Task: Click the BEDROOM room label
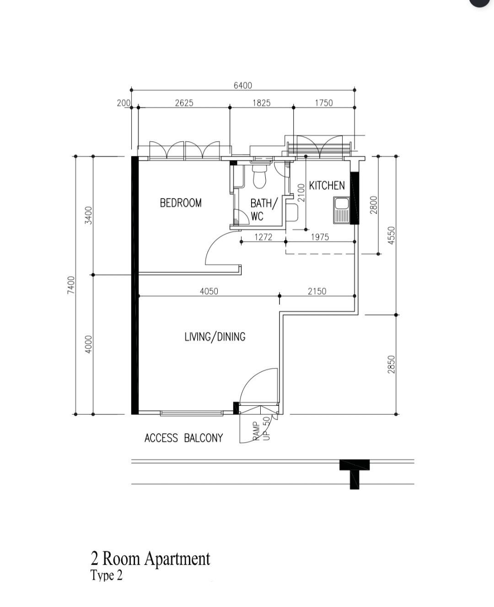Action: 181,203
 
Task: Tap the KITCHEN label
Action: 327,186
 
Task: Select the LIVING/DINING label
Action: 215,337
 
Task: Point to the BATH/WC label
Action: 263,210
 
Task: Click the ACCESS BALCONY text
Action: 184,438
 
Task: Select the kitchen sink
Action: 341,210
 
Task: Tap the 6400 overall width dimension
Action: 243,86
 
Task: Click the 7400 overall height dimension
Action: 71,285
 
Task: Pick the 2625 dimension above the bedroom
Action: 184,103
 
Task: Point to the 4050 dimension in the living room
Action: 209,291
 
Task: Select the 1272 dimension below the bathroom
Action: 263,237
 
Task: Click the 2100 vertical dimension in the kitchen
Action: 301,193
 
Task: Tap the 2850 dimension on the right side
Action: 392,365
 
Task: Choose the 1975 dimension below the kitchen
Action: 320,237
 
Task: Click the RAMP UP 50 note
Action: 261,429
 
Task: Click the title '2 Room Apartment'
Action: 150,559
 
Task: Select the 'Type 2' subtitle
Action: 107,575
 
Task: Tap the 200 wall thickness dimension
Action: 123,103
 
